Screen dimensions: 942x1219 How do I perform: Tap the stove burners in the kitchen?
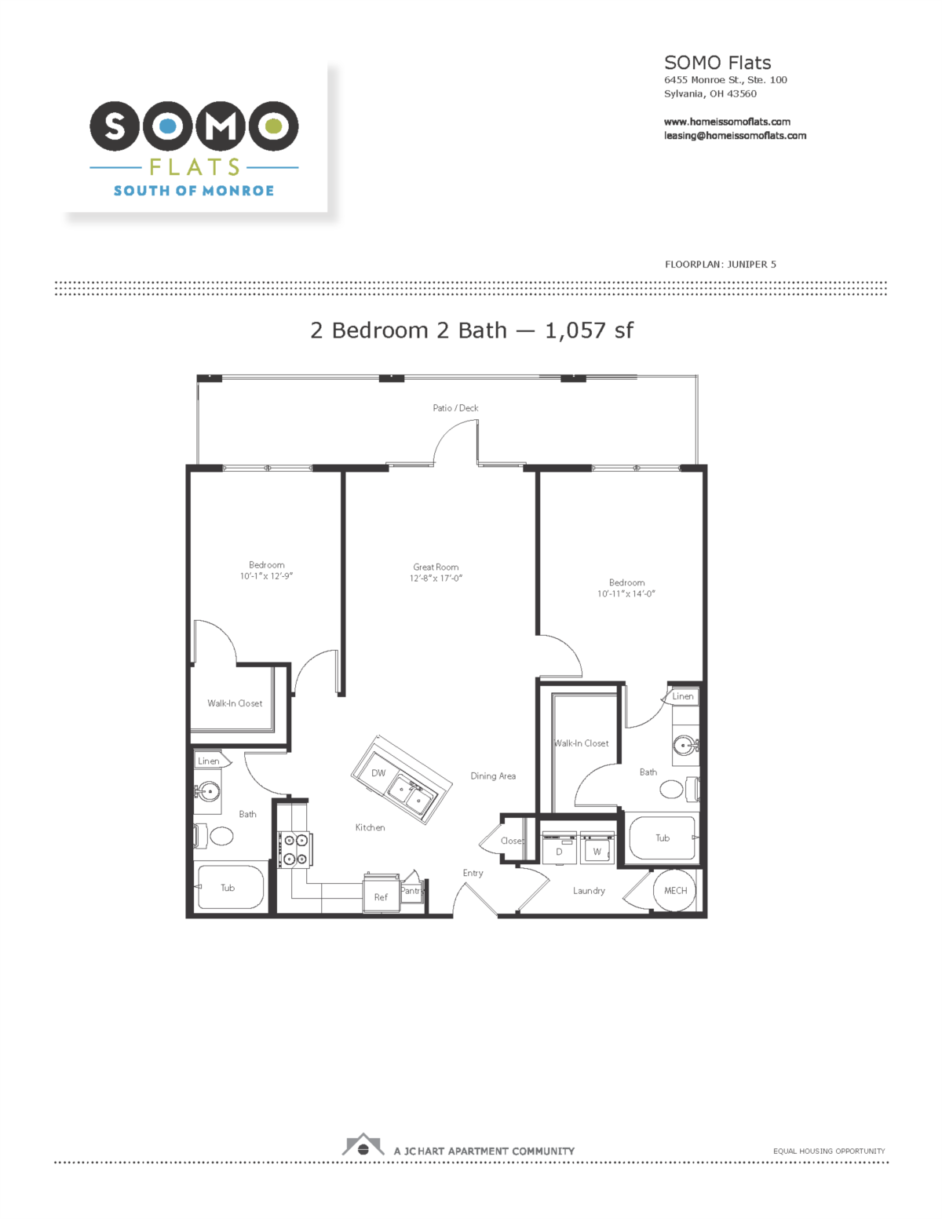[295, 849]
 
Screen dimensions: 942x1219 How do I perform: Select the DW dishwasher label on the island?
[378, 773]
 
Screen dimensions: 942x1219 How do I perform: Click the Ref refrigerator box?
[381, 893]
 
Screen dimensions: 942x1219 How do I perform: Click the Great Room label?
[436, 568]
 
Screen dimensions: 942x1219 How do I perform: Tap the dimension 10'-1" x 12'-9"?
[266, 576]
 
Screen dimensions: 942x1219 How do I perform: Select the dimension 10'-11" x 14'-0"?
[626, 593]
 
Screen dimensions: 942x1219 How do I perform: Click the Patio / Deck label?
[455, 408]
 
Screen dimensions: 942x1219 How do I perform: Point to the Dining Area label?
[493, 776]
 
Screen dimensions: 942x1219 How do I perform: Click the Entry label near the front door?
[473, 873]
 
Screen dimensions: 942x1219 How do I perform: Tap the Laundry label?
[589, 891]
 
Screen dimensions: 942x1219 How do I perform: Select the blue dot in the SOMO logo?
[167, 126]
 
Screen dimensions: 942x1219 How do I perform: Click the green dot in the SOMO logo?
[274, 126]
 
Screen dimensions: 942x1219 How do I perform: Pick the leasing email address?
[735, 136]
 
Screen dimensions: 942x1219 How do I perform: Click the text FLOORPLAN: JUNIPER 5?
[721, 265]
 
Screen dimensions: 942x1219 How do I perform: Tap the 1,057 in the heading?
[575, 330]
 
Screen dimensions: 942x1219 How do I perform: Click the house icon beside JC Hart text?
[363, 1145]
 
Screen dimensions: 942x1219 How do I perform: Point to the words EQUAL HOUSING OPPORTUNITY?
[829, 1151]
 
